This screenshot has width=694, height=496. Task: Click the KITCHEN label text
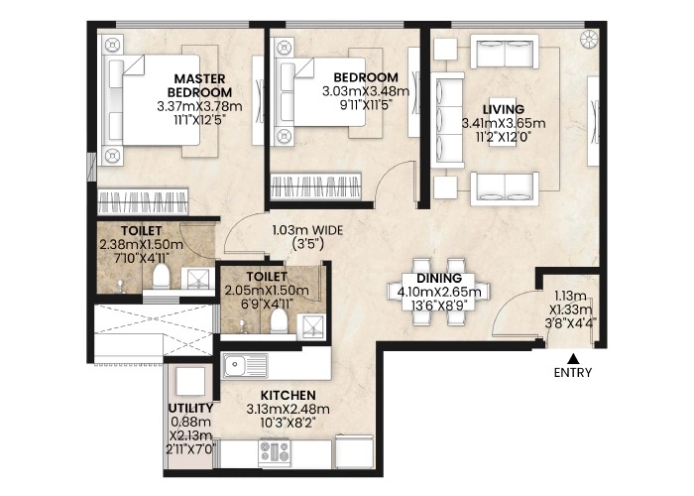tap(288, 395)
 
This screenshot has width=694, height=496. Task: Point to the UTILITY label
tap(190, 407)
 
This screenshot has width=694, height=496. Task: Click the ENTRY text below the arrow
tap(573, 373)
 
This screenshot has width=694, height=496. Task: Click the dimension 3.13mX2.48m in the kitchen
tap(288, 409)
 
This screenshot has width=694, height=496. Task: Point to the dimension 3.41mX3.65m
tap(504, 123)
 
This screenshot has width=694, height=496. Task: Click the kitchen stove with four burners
tap(275, 451)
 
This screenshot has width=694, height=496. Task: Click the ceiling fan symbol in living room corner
tap(589, 40)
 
